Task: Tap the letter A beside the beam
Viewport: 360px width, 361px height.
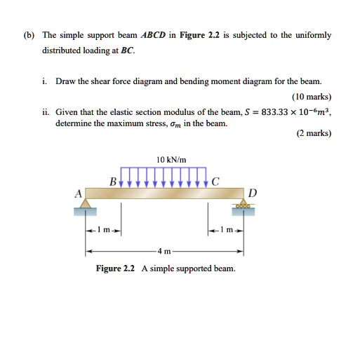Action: click(79, 192)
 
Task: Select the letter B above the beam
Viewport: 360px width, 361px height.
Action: click(112, 182)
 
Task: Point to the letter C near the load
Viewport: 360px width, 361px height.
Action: click(215, 182)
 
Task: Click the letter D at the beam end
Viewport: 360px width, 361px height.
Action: click(253, 192)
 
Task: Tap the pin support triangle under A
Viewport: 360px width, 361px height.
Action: click(86, 204)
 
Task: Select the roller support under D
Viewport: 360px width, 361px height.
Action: click(244, 204)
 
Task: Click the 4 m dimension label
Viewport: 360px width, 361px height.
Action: click(164, 251)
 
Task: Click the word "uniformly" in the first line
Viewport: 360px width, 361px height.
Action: click(314, 34)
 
